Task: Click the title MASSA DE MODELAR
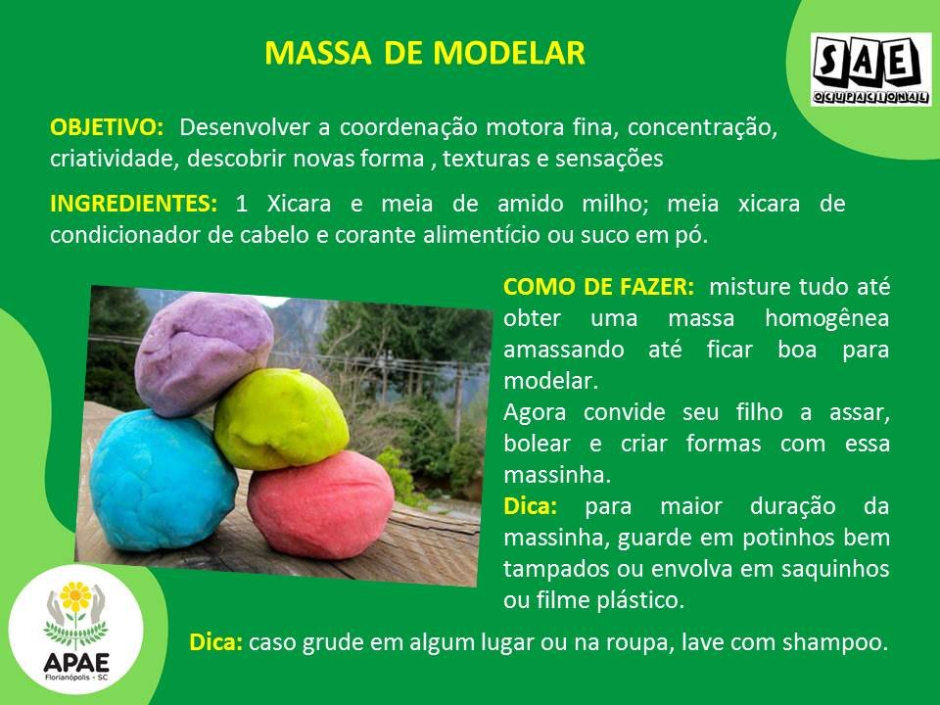click(x=424, y=53)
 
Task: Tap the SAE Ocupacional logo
click(x=871, y=70)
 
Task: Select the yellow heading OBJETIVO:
click(x=107, y=127)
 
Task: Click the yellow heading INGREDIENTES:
click(x=134, y=204)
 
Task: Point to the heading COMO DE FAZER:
click(x=598, y=287)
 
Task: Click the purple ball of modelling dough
click(x=204, y=353)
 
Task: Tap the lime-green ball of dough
click(x=281, y=419)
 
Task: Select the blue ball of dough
click(x=163, y=480)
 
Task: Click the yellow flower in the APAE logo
click(x=75, y=596)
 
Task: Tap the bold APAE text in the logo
click(x=76, y=663)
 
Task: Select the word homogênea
click(x=827, y=318)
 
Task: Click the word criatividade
click(x=115, y=159)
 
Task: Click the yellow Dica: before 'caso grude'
click(x=215, y=642)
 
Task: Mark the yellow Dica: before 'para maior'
click(x=531, y=506)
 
